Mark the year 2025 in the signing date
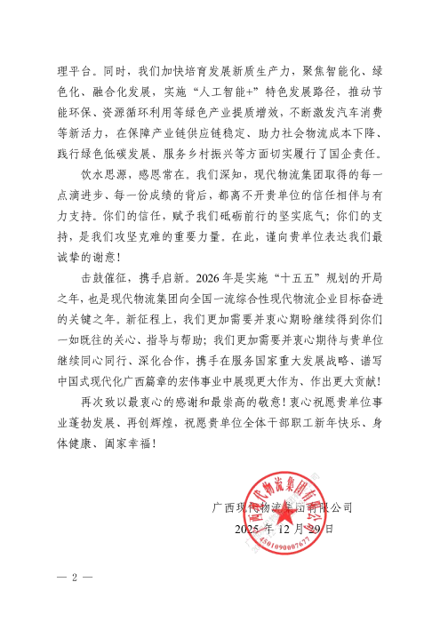pos(250,530)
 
